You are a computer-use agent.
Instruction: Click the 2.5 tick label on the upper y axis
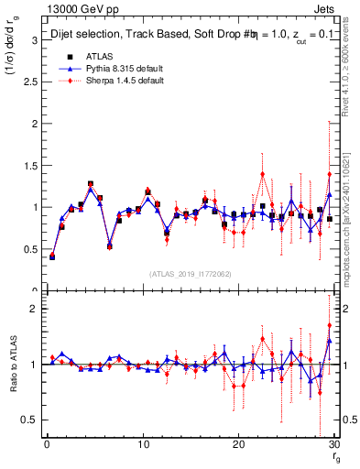pos(30,82)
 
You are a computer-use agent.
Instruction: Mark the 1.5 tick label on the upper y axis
pos(30,165)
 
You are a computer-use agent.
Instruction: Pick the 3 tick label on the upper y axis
pos(35,39)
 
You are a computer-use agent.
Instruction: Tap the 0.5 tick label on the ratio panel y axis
pos(30,420)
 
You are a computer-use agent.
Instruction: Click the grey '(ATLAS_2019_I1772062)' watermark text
pos(191,274)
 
